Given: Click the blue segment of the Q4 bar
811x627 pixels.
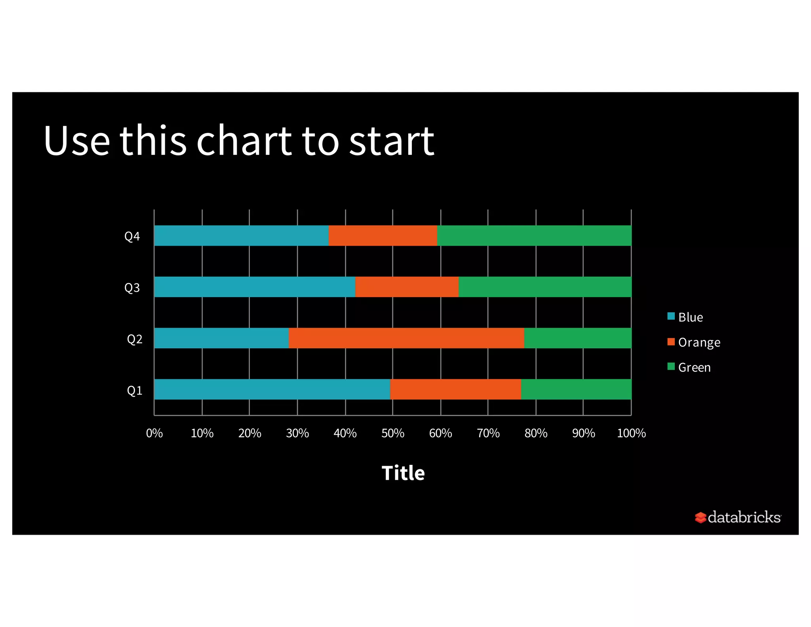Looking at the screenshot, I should click(x=241, y=235).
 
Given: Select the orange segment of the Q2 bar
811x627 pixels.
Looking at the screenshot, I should click(x=406, y=338).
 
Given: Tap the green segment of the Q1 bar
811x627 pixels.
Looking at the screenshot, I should click(x=576, y=389).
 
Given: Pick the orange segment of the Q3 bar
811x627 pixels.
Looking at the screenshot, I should click(x=407, y=287).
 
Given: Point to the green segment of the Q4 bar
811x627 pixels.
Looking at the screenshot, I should click(x=534, y=235).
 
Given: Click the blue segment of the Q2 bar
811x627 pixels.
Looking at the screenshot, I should click(x=221, y=338).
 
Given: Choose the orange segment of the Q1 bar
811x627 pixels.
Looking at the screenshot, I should click(x=455, y=389).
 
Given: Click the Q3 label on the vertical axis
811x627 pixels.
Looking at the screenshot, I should click(x=132, y=287).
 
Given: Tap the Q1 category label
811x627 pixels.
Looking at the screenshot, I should click(x=134, y=390).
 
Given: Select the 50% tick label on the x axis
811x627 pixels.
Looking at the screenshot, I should click(x=392, y=433).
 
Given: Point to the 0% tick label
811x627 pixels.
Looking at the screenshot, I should click(x=154, y=433).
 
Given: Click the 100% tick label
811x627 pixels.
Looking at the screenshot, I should click(x=631, y=433).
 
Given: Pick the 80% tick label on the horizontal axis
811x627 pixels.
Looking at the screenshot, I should click(x=536, y=433).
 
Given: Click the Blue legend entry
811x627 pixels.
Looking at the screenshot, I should click(x=690, y=317).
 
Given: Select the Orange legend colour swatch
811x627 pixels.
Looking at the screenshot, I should click(x=671, y=342).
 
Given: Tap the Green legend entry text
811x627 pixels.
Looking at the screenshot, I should click(x=694, y=367).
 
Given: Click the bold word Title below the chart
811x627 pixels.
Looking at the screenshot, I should click(x=403, y=473).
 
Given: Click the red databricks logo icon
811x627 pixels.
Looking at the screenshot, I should click(x=700, y=517).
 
